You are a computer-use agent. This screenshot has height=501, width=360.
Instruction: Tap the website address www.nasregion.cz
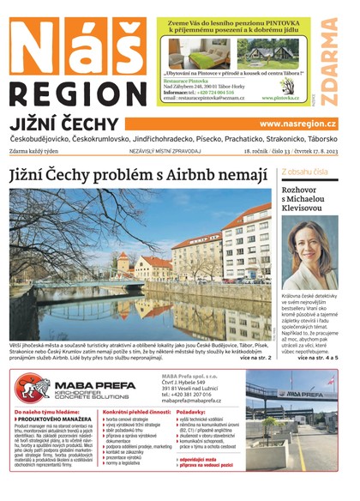coord(297,124)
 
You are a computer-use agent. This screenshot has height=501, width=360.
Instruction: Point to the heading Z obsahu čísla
coord(304,172)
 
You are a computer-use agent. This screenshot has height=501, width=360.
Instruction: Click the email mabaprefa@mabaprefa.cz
coord(196,400)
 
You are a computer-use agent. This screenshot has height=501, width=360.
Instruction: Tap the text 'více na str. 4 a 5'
coord(317,357)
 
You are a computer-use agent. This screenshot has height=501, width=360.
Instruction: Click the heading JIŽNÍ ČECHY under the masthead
coord(60,124)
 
